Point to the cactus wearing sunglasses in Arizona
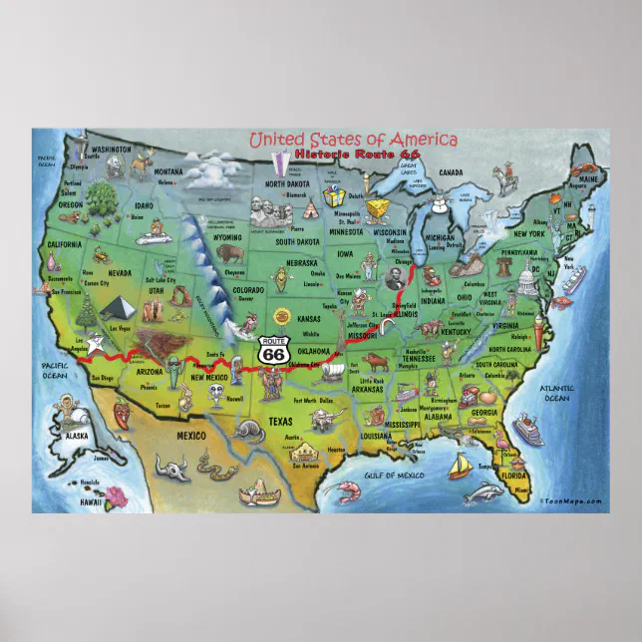point(175,368)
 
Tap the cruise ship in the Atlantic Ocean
point(527,431)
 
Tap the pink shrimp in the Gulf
point(348,490)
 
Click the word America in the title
point(420,140)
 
